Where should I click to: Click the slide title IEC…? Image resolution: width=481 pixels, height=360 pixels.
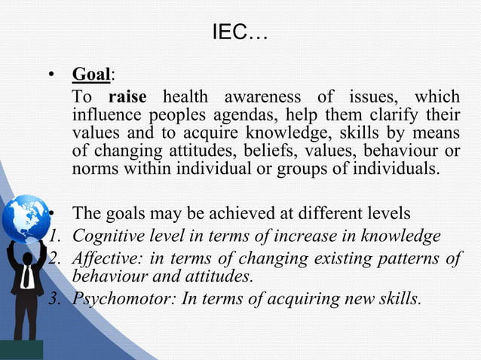pyautogui.click(x=240, y=34)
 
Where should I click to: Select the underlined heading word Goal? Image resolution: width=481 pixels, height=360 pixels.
pyautogui.click(x=91, y=75)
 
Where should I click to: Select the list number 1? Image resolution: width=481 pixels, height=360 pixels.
pyautogui.click(x=53, y=237)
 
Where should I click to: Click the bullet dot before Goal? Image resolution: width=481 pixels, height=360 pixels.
pyautogui.click(x=51, y=76)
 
